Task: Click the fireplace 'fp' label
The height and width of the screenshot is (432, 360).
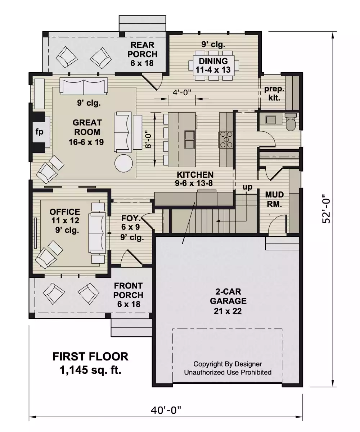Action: click(x=39, y=132)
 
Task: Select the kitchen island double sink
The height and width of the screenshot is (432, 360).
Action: click(x=189, y=140)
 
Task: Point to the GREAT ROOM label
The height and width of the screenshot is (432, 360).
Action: click(x=86, y=132)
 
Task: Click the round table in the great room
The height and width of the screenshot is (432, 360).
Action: click(x=124, y=164)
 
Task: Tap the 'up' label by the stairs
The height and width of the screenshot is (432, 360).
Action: click(x=247, y=187)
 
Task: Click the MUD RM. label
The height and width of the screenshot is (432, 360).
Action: click(x=274, y=199)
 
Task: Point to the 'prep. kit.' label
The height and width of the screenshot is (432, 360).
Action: click(x=274, y=93)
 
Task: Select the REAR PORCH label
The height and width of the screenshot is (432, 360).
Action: click(x=142, y=54)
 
